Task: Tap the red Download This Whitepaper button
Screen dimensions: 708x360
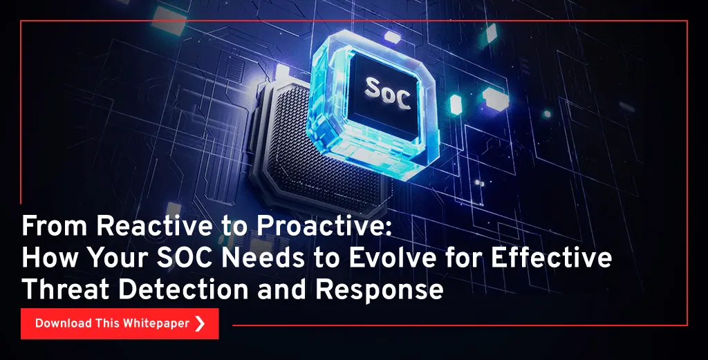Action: [x=120, y=323]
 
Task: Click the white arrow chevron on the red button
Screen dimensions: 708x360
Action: [x=200, y=323]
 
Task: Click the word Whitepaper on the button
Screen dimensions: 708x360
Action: [x=156, y=324]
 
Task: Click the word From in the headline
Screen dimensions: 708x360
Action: [x=55, y=225]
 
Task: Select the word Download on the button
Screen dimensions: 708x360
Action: [x=63, y=323]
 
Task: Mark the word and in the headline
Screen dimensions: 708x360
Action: [x=282, y=289]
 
